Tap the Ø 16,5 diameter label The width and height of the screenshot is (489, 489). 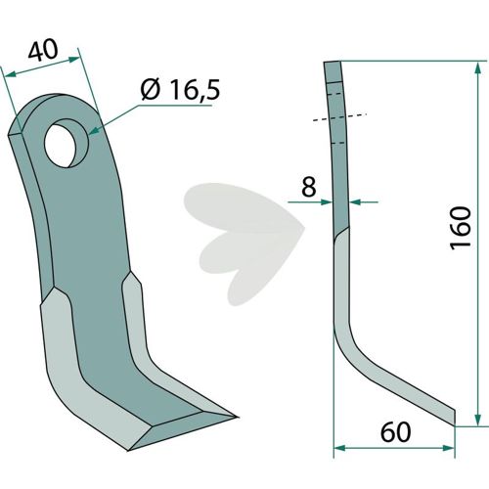180,90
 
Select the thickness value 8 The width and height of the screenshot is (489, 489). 309,187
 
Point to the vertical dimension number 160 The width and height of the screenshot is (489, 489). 461,228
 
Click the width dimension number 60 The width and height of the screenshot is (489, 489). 396,432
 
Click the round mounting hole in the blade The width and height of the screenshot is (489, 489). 67,143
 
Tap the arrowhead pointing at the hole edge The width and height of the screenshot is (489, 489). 94,131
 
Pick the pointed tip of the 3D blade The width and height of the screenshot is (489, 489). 238,417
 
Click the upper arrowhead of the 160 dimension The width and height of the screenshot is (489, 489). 477,67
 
